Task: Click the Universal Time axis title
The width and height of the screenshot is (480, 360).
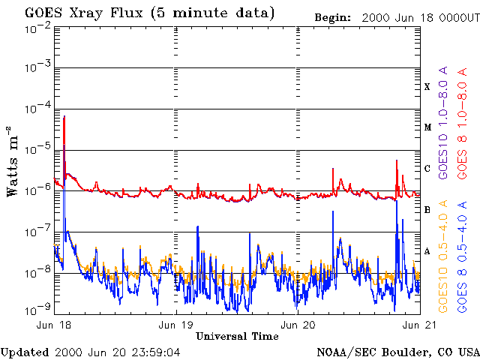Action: coord(237,336)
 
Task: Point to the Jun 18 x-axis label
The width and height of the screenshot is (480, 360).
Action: coord(52,325)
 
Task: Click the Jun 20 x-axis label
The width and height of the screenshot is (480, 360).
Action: coord(298,325)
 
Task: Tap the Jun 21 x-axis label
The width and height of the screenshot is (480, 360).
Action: coord(417,325)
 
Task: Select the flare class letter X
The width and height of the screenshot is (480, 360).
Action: coord(427,87)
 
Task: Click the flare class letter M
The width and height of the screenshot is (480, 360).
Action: coord(427,127)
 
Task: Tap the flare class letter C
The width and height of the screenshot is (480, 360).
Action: coord(427,169)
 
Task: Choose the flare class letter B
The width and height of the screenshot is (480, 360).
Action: coord(427,210)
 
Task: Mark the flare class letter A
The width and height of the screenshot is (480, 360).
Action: coord(427,251)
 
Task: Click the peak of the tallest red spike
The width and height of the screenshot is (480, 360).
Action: coord(64,116)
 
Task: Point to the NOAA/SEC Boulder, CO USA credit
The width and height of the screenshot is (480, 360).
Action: coord(397,352)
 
